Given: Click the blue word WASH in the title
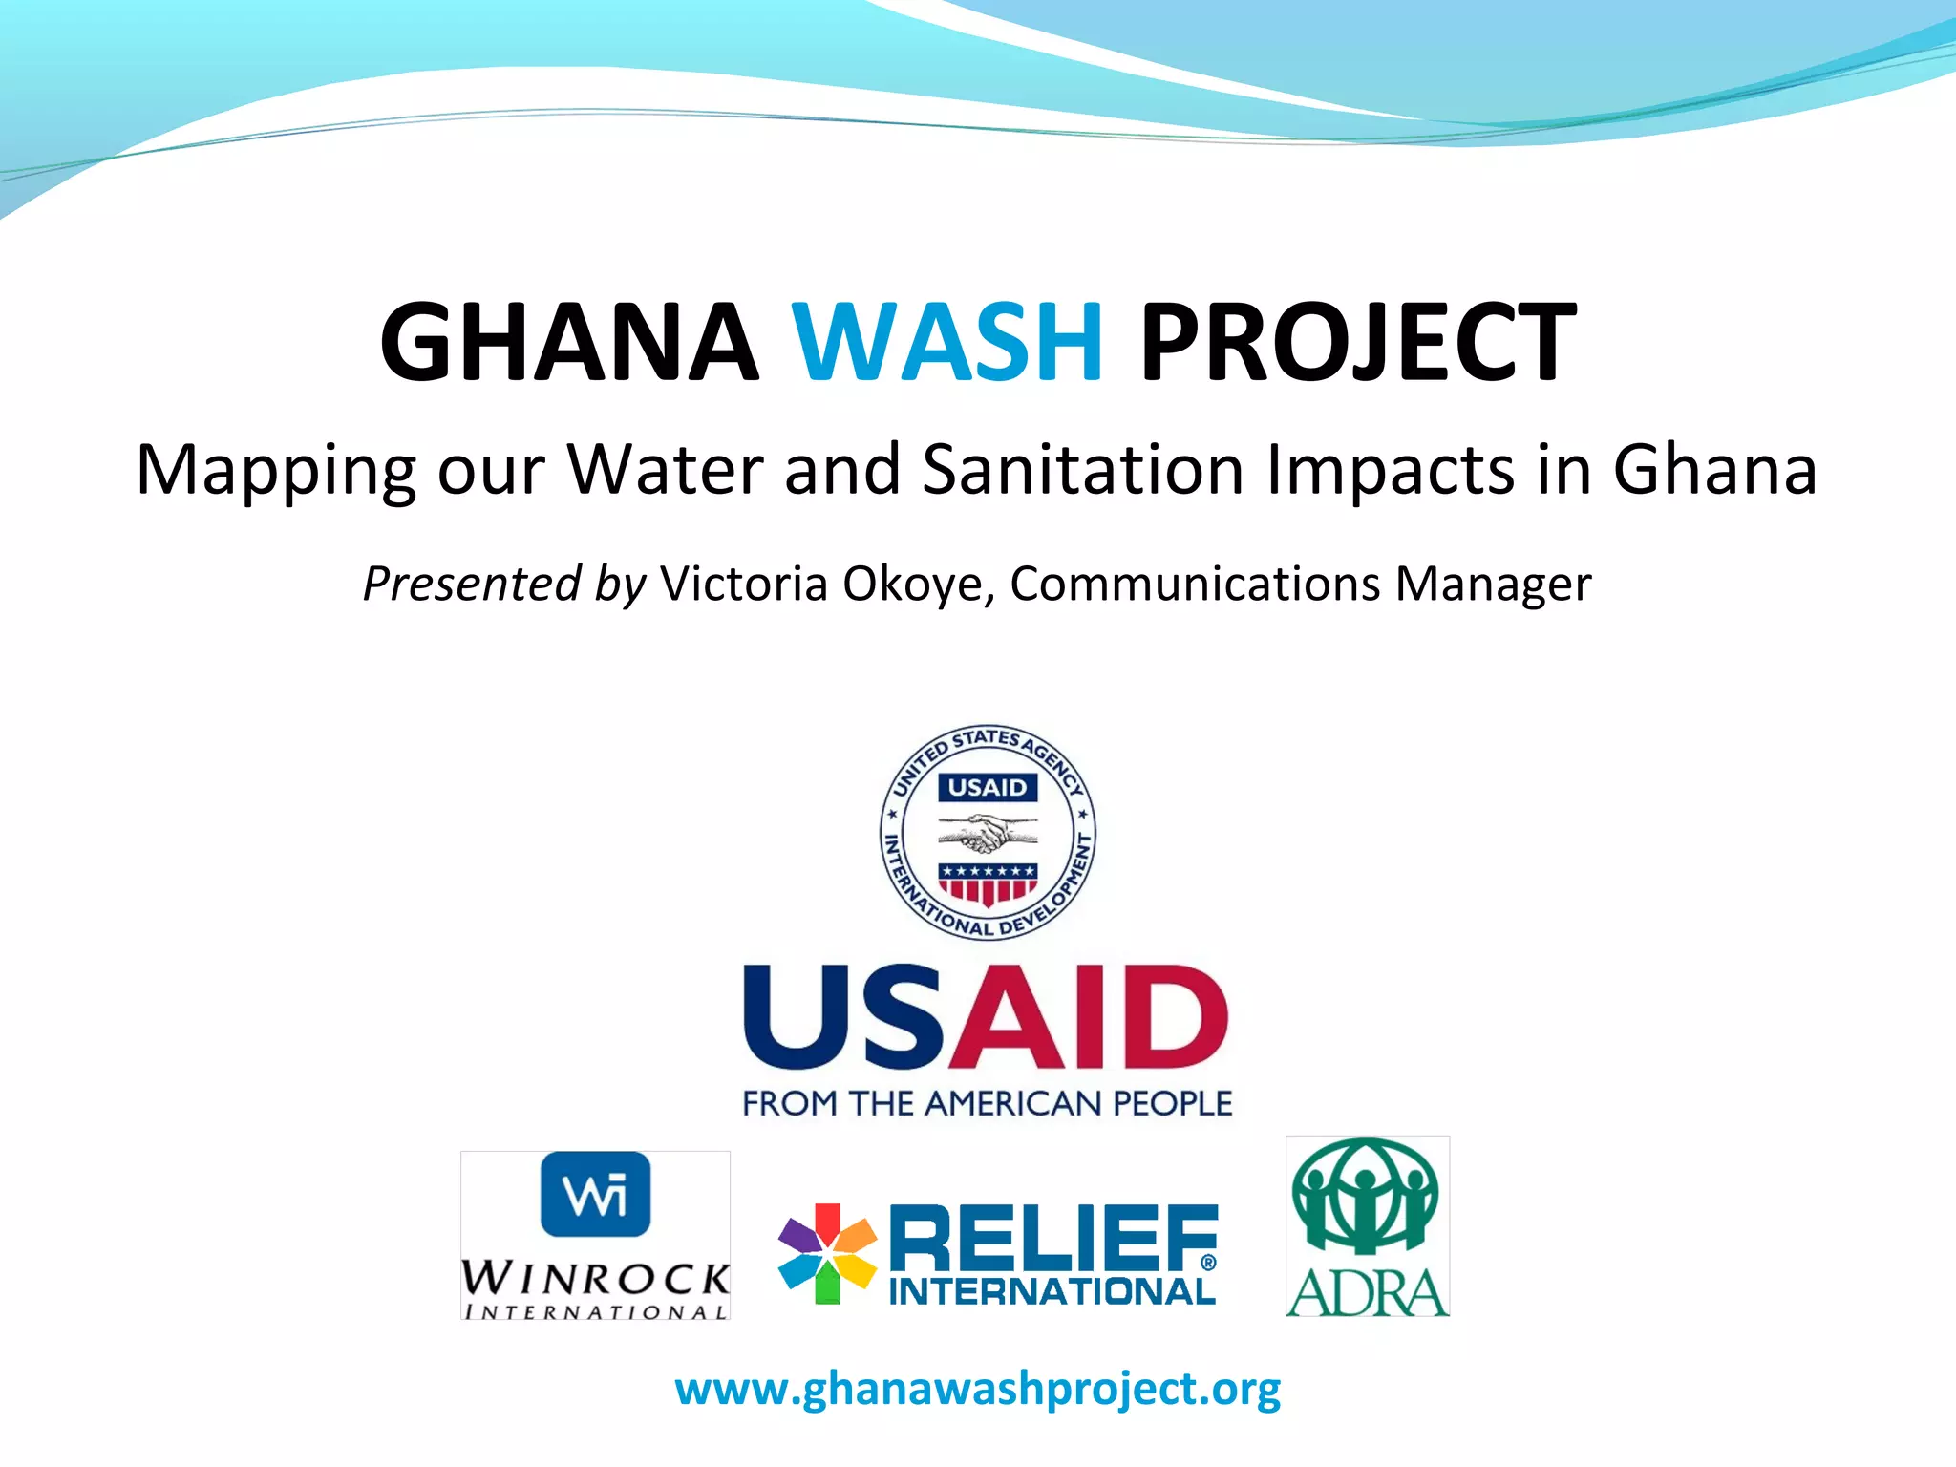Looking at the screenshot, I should tap(947, 341).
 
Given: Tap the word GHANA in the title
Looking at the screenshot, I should tap(569, 341).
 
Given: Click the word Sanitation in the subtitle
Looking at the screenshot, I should tap(1083, 469).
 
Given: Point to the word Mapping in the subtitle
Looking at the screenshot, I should tap(275, 471).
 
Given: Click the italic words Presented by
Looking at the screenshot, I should tap(504, 584).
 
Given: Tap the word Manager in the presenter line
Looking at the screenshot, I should tap(1493, 584).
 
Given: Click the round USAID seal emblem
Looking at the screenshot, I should tap(988, 832).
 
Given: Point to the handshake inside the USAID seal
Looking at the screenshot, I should tap(988, 834).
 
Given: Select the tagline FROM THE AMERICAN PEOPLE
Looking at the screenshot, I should tap(988, 1104).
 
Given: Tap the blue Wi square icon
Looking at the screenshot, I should tap(595, 1194).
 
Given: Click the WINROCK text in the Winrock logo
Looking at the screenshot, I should tap(595, 1277).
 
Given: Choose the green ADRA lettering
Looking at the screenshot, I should tap(1368, 1293).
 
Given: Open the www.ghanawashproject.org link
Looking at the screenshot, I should tap(978, 1389).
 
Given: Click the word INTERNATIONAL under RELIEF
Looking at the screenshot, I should tap(1052, 1292).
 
